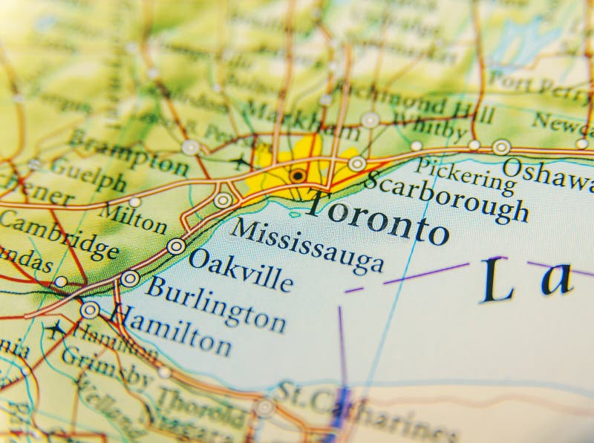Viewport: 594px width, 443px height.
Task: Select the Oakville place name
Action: pyautogui.click(x=240, y=269)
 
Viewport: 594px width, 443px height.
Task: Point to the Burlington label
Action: pyautogui.click(x=215, y=303)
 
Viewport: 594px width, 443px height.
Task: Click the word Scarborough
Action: pyautogui.click(x=446, y=197)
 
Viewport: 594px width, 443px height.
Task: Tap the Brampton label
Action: pyautogui.click(x=128, y=151)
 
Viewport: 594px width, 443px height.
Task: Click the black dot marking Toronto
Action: pyautogui.click(x=298, y=176)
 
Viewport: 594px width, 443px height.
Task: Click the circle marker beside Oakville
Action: pyautogui.click(x=176, y=246)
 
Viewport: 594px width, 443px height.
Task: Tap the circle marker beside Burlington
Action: pyautogui.click(x=130, y=279)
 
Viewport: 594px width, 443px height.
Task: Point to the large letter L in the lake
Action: pyautogui.click(x=497, y=280)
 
